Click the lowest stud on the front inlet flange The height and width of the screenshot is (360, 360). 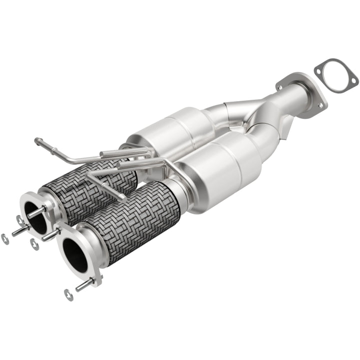tap(83, 285)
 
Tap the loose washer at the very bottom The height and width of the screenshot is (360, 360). tap(68, 295)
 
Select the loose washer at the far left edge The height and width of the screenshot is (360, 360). tap(5, 239)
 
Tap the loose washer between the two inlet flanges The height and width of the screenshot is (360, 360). tap(34, 244)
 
